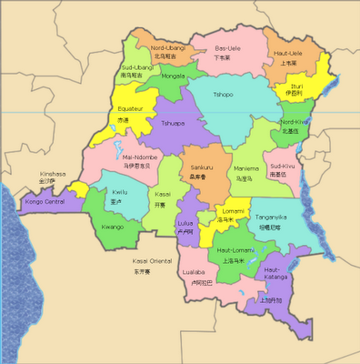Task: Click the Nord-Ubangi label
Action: click(169, 47)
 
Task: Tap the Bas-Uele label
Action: click(227, 47)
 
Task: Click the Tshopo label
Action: click(223, 94)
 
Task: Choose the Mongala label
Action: click(173, 76)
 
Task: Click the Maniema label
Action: click(246, 167)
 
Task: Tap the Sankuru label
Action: click(203, 168)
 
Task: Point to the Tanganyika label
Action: click(272, 217)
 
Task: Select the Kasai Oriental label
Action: click(152, 261)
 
